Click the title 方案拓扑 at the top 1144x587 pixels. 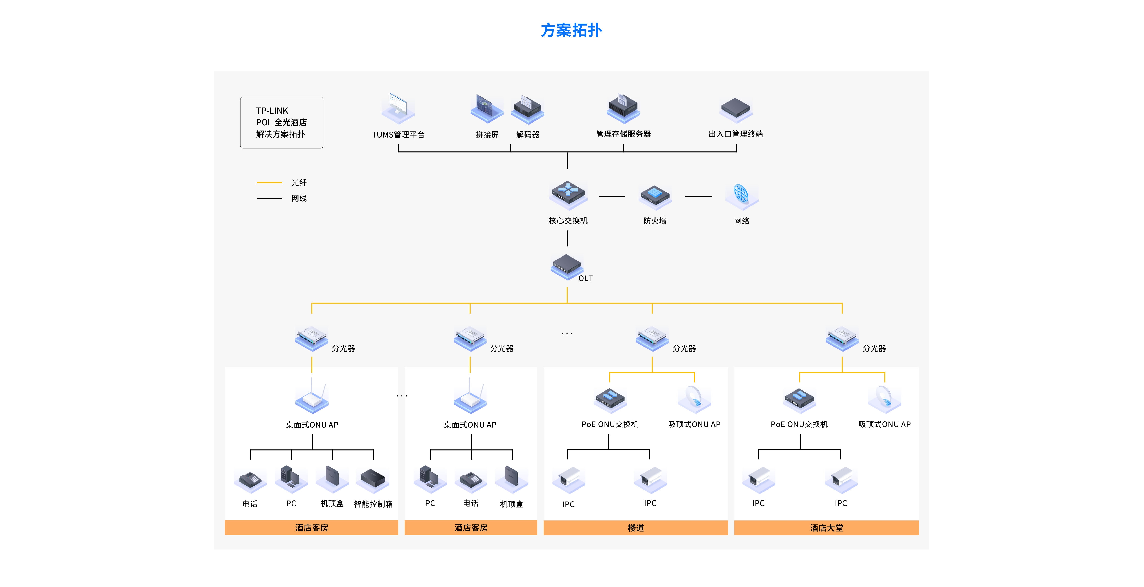(x=571, y=30)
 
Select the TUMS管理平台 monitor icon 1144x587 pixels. (x=398, y=108)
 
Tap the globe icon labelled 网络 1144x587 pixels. (x=741, y=195)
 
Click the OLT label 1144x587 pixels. (x=585, y=278)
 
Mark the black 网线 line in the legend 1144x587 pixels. (x=269, y=198)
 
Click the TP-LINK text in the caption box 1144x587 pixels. (x=272, y=111)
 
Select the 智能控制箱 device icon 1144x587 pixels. (x=373, y=480)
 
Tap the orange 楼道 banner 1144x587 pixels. (x=636, y=528)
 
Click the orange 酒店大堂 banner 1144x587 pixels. (x=826, y=528)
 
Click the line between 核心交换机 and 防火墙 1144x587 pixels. (x=612, y=196)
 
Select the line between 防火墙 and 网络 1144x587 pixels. (x=698, y=196)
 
